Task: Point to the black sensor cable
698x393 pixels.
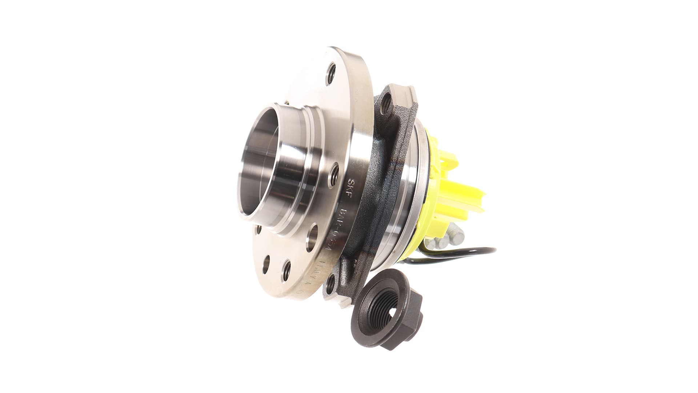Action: [x=480, y=251]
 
